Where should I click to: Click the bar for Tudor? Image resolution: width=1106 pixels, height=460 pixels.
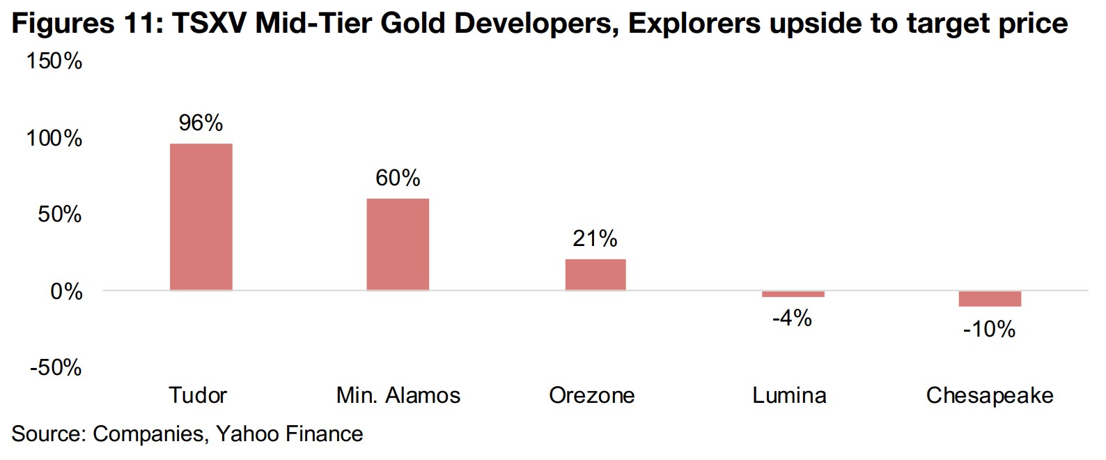[x=201, y=217]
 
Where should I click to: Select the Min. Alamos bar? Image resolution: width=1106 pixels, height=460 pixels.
[x=398, y=244]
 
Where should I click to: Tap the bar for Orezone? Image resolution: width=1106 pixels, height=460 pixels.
[x=595, y=275]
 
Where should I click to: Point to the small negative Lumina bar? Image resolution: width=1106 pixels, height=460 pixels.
[x=793, y=294]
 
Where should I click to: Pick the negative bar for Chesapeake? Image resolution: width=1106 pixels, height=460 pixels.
[x=990, y=298]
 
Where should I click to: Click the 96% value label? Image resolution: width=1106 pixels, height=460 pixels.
[x=201, y=123]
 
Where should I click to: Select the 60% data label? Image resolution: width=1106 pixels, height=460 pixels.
[x=398, y=178]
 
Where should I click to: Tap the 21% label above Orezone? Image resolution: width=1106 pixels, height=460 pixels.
[x=595, y=239]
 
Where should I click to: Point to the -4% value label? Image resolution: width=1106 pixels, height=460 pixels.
[x=792, y=319]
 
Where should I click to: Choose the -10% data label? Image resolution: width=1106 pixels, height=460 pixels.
[x=989, y=329]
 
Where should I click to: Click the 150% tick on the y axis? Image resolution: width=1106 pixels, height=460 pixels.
[x=54, y=61]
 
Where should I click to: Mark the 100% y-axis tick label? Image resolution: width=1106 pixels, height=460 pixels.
[x=54, y=138]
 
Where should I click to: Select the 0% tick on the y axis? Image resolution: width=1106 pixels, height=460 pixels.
[x=66, y=291]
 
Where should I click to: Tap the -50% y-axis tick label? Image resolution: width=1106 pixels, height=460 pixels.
[x=56, y=367]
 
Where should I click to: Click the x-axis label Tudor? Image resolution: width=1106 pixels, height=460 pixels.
[x=198, y=396]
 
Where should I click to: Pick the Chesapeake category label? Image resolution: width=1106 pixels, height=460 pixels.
[x=989, y=396]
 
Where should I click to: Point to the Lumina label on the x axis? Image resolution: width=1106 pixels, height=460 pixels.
[x=789, y=396]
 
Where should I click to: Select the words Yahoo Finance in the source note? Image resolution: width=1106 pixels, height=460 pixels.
[x=289, y=434]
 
